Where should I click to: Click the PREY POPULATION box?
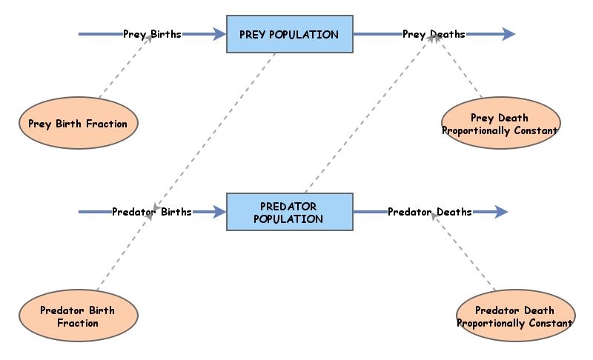coord(289,34)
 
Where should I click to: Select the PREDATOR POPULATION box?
coord(289,213)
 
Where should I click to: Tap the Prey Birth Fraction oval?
coord(78,124)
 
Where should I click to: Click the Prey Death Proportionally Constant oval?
coord(500,124)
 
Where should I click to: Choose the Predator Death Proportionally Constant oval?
coord(514,317)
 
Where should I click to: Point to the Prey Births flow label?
coord(152,34)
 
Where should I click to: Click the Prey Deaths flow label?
coord(434,34)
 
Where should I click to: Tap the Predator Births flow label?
coord(151,213)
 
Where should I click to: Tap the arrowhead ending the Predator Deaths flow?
coord(500,213)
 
